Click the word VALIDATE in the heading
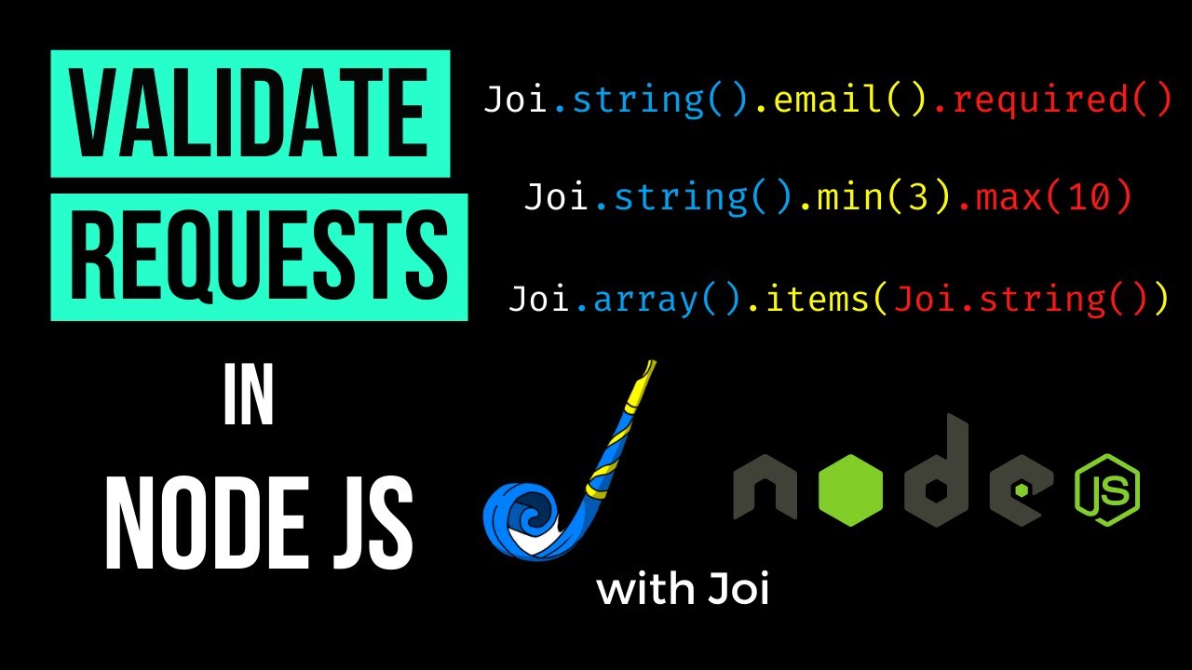[251, 114]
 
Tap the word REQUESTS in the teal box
[259, 255]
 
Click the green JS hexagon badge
[1107, 490]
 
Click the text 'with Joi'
[683, 589]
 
